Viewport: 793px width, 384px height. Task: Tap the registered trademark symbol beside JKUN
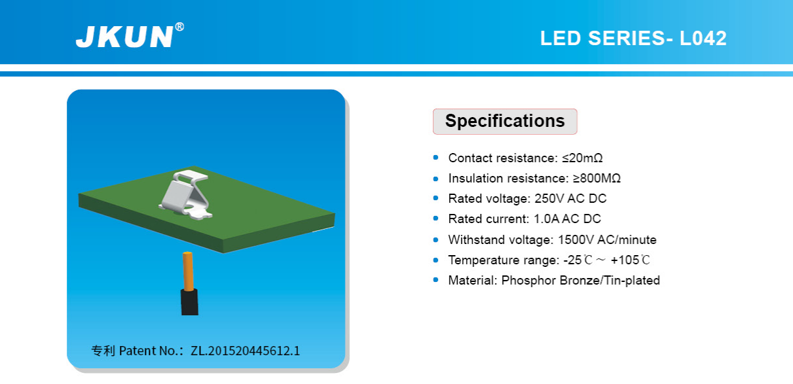[179, 27]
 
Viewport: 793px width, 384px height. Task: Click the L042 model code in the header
[703, 38]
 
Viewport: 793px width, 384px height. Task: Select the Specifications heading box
[505, 121]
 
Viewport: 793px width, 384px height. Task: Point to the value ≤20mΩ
[582, 158]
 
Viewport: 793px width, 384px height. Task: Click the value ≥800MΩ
[597, 178]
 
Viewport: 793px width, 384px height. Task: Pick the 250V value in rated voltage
[549, 198]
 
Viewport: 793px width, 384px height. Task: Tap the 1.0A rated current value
[546, 219]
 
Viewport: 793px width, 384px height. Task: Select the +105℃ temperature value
[630, 260]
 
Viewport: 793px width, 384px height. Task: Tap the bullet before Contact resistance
[436, 158]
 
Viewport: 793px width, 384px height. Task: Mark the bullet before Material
[436, 280]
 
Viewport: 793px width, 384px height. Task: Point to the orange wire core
[188, 271]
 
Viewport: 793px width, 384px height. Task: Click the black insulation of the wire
[189, 302]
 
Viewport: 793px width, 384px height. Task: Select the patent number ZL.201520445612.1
[245, 351]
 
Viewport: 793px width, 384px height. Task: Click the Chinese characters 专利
[103, 351]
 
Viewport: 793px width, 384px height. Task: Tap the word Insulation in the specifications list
[473, 178]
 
